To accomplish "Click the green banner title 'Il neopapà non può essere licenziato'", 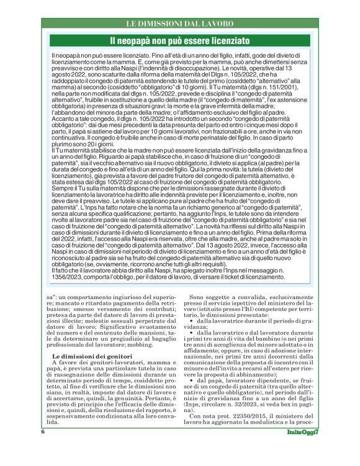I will tap(179, 42).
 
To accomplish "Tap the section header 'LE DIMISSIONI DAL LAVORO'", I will tap(179, 24).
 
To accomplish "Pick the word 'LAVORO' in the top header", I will tap(218, 24).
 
